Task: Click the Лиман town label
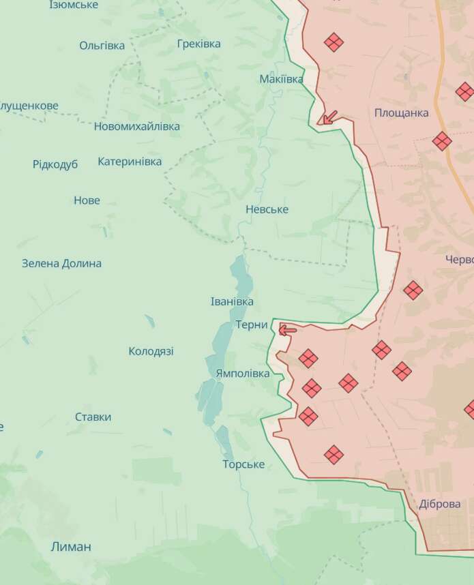tap(71, 546)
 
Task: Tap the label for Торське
tap(243, 464)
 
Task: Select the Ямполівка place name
tap(242, 374)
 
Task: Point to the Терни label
tap(252, 325)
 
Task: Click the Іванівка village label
tap(232, 301)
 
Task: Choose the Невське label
tap(267, 209)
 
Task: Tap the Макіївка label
tap(281, 79)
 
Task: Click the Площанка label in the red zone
tap(401, 112)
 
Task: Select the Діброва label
tap(440, 504)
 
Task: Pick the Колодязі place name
tap(151, 351)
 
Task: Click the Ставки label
tap(93, 417)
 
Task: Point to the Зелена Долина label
tap(61, 263)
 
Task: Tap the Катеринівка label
tap(130, 162)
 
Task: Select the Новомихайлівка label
tap(137, 126)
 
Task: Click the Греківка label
tap(198, 44)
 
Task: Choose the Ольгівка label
tap(102, 46)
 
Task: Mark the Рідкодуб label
tap(55, 164)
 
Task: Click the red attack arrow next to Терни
tap(287, 330)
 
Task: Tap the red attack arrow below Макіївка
tap(328, 118)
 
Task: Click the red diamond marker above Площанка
tap(334, 42)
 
